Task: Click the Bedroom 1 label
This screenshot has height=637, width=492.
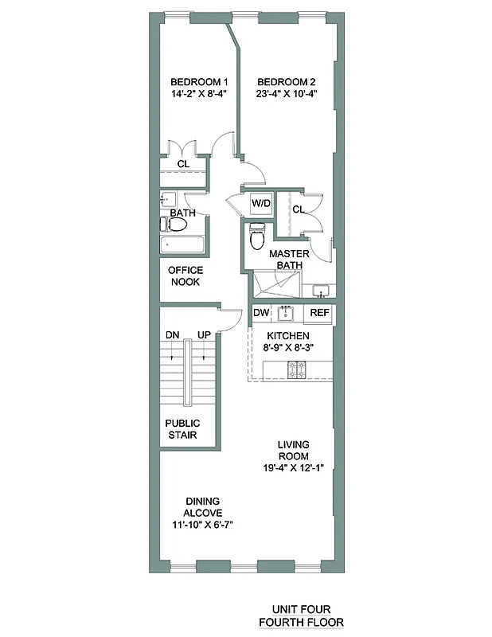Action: click(200, 81)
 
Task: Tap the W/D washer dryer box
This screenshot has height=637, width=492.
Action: click(261, 204)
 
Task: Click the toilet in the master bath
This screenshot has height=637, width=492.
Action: click(257, 236)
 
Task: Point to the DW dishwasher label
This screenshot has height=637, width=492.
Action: click(261, 313)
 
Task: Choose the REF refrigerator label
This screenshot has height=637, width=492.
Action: click(319, 313)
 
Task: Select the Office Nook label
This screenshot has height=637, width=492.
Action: click(185, 276)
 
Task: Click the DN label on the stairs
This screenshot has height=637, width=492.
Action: click(172, 334)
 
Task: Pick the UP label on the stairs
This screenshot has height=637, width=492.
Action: click(204, 334)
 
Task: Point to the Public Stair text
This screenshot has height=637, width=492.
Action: click(182, 429)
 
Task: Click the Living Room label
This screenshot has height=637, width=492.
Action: click(294, 450)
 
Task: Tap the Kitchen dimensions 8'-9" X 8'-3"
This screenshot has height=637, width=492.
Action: click(287, 348)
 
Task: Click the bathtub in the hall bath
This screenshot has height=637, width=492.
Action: click(183, 246)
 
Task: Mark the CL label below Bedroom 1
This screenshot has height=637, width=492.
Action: click(183, 164)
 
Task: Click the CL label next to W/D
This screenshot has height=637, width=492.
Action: click(299, 209)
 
